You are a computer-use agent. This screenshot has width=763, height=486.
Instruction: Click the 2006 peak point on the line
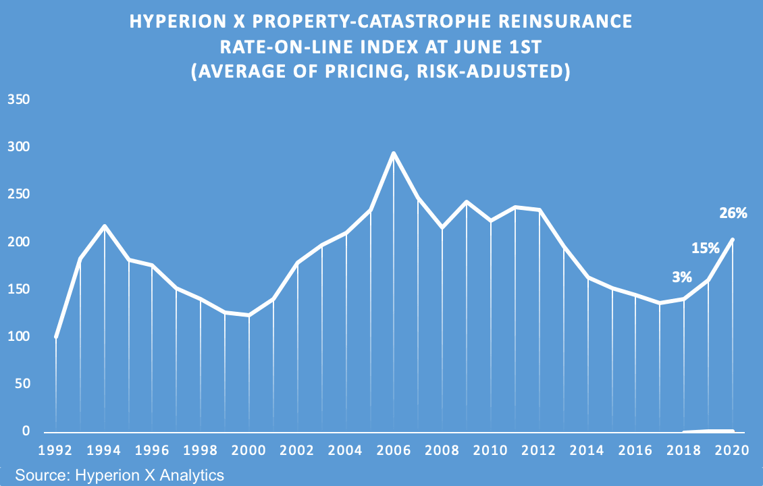pos(394,153)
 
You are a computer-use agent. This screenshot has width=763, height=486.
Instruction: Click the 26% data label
pos(733,213)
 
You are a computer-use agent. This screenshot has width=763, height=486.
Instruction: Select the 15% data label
pos(705,248)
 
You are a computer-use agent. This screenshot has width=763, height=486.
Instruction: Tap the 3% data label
pos(681,276)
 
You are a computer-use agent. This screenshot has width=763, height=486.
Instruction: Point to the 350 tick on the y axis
pos(19,100)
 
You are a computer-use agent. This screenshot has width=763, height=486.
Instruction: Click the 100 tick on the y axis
pos(19,336)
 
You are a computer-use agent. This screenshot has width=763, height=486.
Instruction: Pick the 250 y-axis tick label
pos(19,194)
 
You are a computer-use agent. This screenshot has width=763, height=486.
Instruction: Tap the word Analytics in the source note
pos(194,475)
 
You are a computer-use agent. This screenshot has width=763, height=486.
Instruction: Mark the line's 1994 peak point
pos(104,226)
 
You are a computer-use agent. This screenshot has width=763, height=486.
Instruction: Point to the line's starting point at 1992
pos(56,337)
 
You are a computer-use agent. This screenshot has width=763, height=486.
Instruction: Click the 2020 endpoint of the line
pos(733,240)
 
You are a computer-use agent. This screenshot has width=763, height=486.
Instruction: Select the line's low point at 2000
pos(249,315)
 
